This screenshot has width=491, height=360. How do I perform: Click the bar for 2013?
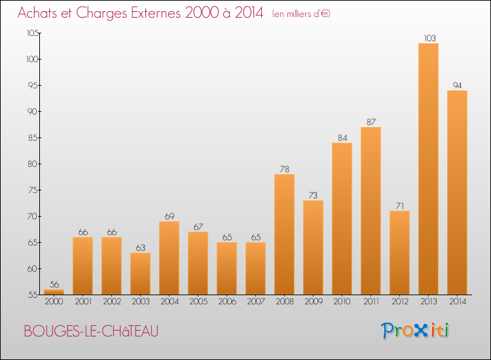(x=428, y=169)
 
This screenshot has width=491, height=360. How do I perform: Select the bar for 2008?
(x=284, y=234)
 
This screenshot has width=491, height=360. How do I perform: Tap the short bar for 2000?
(x=54, y=292)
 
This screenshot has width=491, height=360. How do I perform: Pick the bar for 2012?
(x=399, y=253)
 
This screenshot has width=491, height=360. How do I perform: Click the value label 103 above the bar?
(x=429, y=38)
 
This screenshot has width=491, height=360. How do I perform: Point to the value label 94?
(x=457, y=86)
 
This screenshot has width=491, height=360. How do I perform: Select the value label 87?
(x=371, y=122)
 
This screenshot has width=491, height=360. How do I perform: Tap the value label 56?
(x=54, y=284)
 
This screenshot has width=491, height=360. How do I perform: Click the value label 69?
(x=170, y=216)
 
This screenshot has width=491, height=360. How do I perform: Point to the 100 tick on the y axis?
(x=32, y=59)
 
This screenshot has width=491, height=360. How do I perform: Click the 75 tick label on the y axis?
(x=33, y=190)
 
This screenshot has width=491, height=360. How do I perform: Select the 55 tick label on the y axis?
(x=33, y=295)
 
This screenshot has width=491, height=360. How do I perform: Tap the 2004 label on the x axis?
(x=170, y=302)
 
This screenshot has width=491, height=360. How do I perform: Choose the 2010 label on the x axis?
(x=342, y=302)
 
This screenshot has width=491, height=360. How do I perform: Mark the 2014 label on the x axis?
(x=458, y=302)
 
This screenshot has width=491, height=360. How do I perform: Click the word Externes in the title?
(x=156, y=13)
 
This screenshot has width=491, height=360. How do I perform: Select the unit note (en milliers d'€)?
(x=301, y=14)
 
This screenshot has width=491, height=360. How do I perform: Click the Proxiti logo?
(x=415, y=331)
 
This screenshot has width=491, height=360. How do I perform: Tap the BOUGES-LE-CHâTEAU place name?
(x=91, y=331)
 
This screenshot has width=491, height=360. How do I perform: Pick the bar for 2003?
(x=140, y=274)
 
